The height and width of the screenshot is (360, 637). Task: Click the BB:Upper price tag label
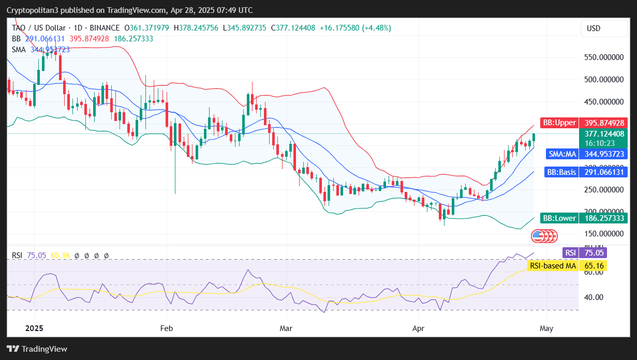click(558, 123)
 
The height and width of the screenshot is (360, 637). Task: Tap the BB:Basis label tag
click(561, 172)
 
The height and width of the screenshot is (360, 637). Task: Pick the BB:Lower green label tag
click(558, 218)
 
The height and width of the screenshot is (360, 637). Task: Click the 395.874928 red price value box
click(603, 123)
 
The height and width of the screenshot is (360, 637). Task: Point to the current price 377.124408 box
click(603, 133)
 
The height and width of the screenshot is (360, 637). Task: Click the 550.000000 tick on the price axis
click(603, 57)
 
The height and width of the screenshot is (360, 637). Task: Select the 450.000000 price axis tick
click(603, 101)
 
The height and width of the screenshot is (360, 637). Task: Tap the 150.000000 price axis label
click(603, 234)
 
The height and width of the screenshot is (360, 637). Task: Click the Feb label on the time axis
click(167, 328)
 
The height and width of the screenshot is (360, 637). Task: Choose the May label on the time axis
click(546, 328)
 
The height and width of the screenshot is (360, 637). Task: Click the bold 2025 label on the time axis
click(34, 328)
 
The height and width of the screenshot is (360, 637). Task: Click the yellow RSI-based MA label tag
click(552, 266)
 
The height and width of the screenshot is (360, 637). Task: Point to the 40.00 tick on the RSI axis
click(592, 297)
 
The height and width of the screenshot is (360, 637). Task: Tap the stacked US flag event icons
click(544, 236)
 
